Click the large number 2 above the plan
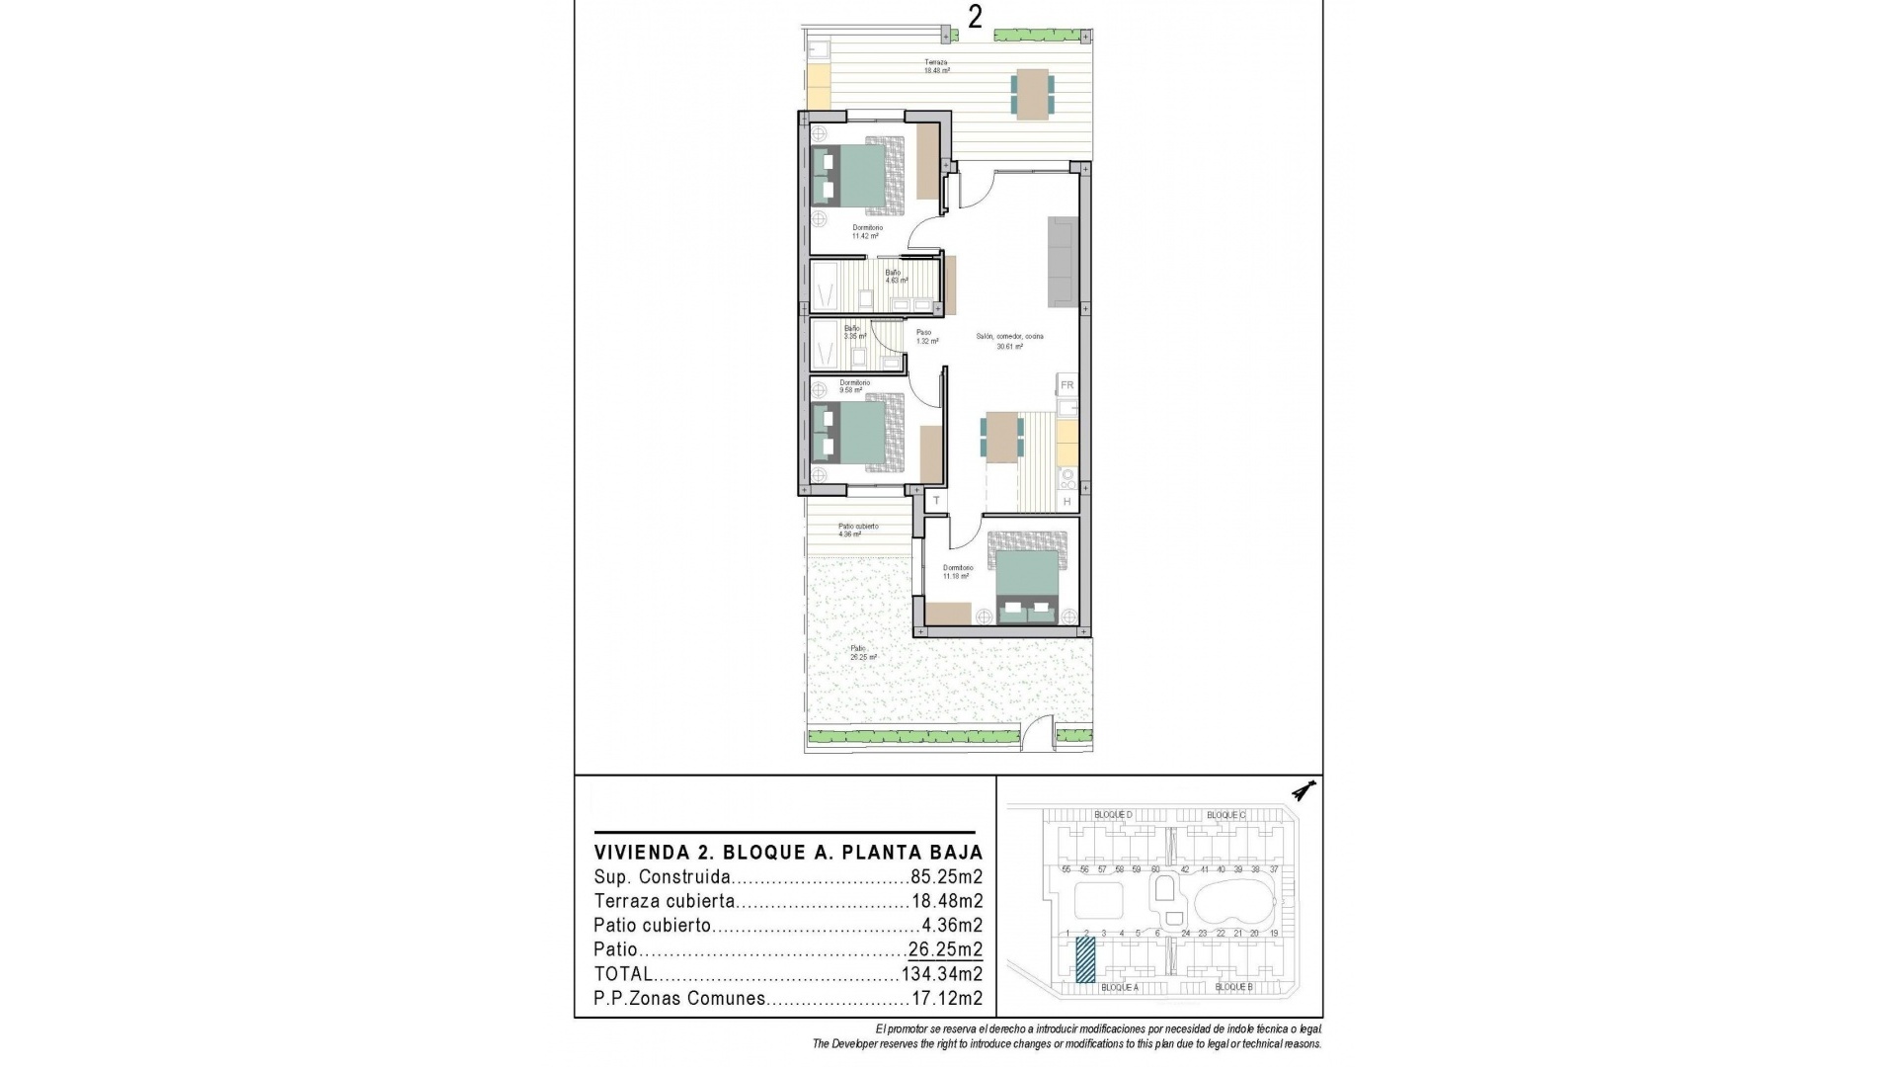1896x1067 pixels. click(975, 18)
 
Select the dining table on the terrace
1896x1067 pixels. click(1032, 95)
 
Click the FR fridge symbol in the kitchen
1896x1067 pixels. click(1066, 385)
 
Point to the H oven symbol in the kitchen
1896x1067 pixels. click(1066, 503)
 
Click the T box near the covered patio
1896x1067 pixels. click(936, 502)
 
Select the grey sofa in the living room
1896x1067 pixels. click(1063, 261)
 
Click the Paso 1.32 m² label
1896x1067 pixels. click(925, 337)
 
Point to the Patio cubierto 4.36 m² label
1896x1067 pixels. click(857, 531)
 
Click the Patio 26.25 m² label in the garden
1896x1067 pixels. click(863, 653)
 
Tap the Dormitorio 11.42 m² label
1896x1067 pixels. click(866, 232)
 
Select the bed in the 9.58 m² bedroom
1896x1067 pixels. click(857, 433)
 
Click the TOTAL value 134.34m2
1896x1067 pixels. click(942, 974)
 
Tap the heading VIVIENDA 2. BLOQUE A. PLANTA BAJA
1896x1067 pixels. click(788, 853)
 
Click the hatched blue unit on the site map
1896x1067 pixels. click(1085, 960)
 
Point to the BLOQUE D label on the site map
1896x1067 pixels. click(1113, 815)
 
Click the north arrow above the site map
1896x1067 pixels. click(1305, 791)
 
